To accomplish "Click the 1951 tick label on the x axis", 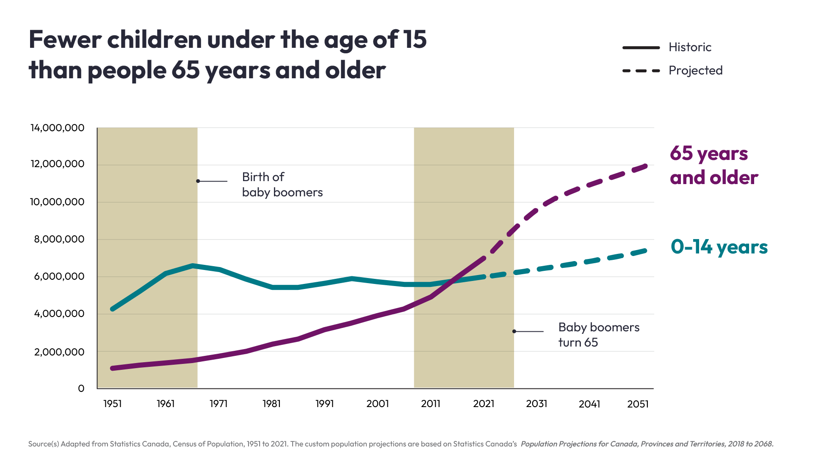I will click(113, 404).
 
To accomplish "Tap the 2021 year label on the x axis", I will click(484, 404).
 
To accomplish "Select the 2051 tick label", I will click(638, 404).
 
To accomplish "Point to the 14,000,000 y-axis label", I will click(58, 128).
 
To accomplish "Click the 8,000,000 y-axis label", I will click(59, 239).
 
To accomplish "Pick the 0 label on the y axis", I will click(81, 388).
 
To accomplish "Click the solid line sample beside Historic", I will click(641, 47).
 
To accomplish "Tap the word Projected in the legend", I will click(695, 70).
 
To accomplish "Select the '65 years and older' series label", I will click(713, 165).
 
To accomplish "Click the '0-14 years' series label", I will click(719, 247).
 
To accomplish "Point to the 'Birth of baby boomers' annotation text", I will click(282, 184).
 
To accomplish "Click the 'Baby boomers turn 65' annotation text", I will click(598, 335).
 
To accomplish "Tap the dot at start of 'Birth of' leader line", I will click(198, 181).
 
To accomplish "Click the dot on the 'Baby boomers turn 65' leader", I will click(514, 331).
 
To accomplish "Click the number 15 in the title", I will click(415, 39).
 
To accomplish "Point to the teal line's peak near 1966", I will click(193, 266).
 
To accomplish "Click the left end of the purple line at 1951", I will click(113, 368).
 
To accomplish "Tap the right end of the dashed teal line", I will click(646, 251).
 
